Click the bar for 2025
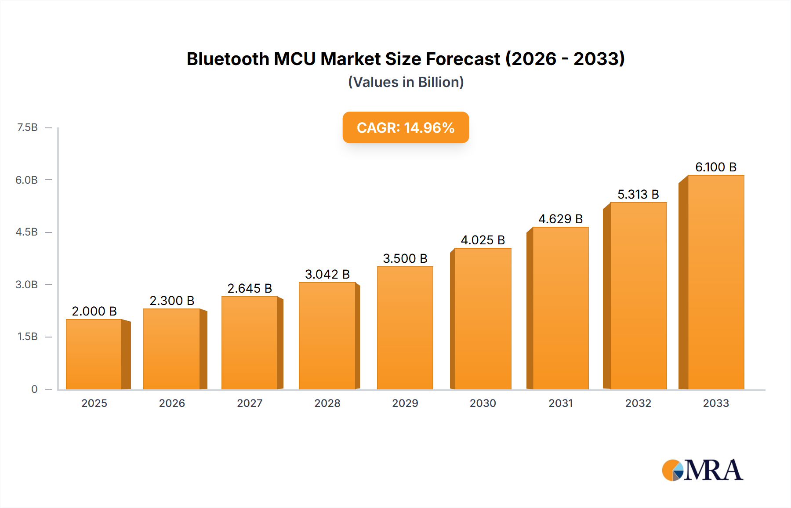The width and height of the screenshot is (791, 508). (94, 354)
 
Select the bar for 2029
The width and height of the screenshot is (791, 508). (405, 328)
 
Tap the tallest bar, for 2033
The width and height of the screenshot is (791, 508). (716, 282)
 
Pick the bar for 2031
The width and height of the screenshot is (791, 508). (560, 308)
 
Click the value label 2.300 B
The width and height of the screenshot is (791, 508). (172, 301)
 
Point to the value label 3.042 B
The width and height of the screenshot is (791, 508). (327, 274)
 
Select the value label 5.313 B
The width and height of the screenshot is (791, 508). (638, 194)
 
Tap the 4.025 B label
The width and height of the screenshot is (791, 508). (483, 240)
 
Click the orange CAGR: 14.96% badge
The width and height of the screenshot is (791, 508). (406, 127)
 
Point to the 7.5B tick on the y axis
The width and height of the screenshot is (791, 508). (27, 127)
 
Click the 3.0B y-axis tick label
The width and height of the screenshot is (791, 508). (27, 284)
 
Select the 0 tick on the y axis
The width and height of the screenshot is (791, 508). (34, 389)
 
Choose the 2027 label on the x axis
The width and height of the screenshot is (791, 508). (250, 403)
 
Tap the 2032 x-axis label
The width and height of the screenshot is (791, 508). (638, 403)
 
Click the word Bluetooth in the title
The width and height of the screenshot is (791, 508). (228, 59)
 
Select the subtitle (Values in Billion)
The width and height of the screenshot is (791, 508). (406, 82)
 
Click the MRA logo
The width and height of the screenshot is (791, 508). (702, 470)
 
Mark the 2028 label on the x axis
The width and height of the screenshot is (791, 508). (327, 403)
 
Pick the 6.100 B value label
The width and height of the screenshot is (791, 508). (716, 167)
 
